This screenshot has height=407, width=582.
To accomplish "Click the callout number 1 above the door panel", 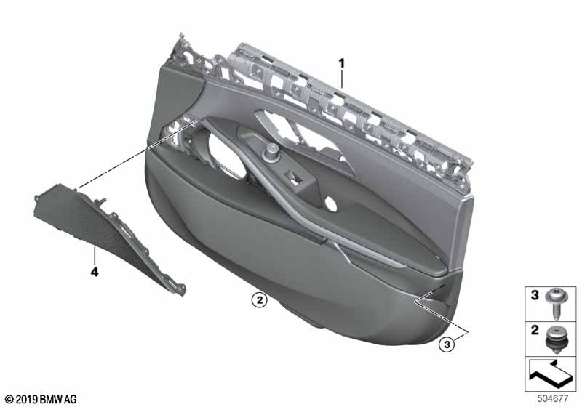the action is pos(341,63).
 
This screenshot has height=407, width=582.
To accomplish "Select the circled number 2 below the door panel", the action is pos(259,299).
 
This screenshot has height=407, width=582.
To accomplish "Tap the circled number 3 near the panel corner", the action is pos(447,344).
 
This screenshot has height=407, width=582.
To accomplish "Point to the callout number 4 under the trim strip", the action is pos(95,273).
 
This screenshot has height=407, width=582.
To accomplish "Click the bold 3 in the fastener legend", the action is pos(535,295).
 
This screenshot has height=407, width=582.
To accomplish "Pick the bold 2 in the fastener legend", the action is pos(535,330).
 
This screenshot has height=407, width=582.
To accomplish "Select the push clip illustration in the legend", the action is pos(556,339).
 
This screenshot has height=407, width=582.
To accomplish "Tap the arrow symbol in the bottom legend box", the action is pos(551,373).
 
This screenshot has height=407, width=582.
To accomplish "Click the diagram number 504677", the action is pos(553,398).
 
